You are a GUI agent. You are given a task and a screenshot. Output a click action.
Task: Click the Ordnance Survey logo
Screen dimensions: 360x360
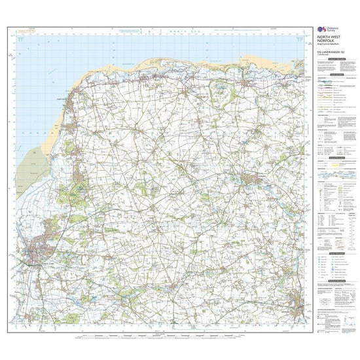tap(322, 30)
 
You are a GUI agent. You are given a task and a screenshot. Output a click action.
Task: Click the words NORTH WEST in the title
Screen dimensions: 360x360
tap(327, 37)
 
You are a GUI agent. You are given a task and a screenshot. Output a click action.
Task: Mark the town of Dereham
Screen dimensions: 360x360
tap(297, 302)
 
